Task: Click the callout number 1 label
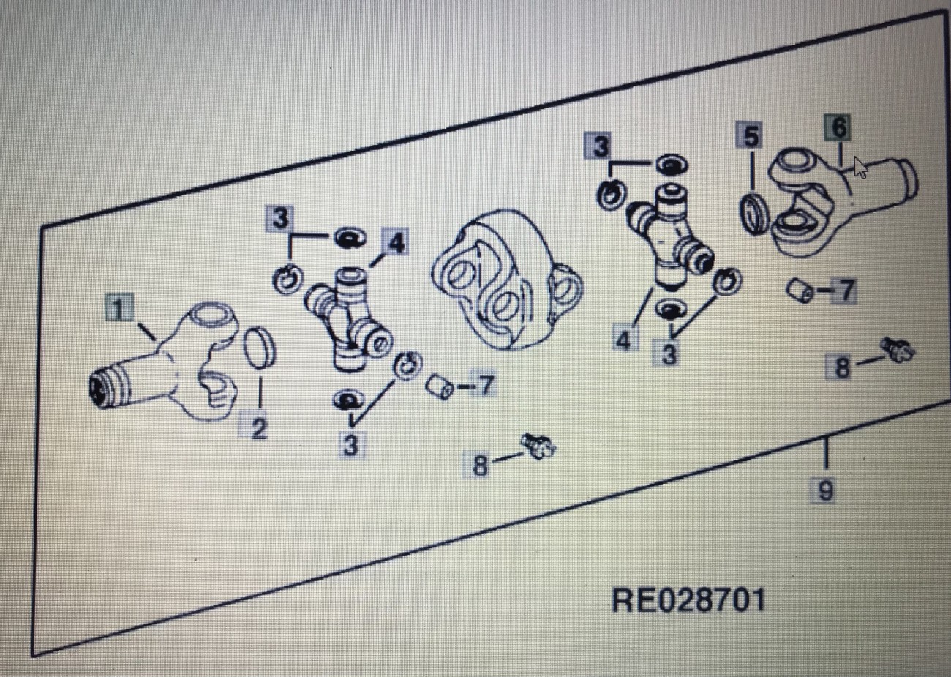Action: (119, 307)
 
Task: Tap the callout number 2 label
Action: (259, 428)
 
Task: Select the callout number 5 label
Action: (749, 136)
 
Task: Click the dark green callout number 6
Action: (838, 127)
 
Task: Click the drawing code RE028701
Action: (688, 600)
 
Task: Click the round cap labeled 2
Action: (260, 348)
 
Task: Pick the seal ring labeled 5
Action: (753, 213)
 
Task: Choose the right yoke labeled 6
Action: (834, 201)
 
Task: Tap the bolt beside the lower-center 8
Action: (539, 446)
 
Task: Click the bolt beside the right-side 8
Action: (898, 351)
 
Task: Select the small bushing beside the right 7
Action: (800, 291)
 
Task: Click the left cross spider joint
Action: (345, 318)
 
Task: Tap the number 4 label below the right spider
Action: (623, 340)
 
